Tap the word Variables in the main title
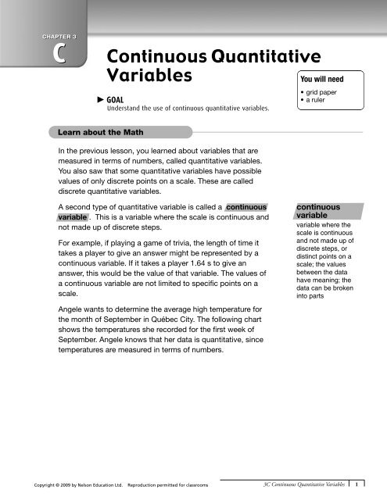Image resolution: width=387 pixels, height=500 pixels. tap(149, 77)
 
